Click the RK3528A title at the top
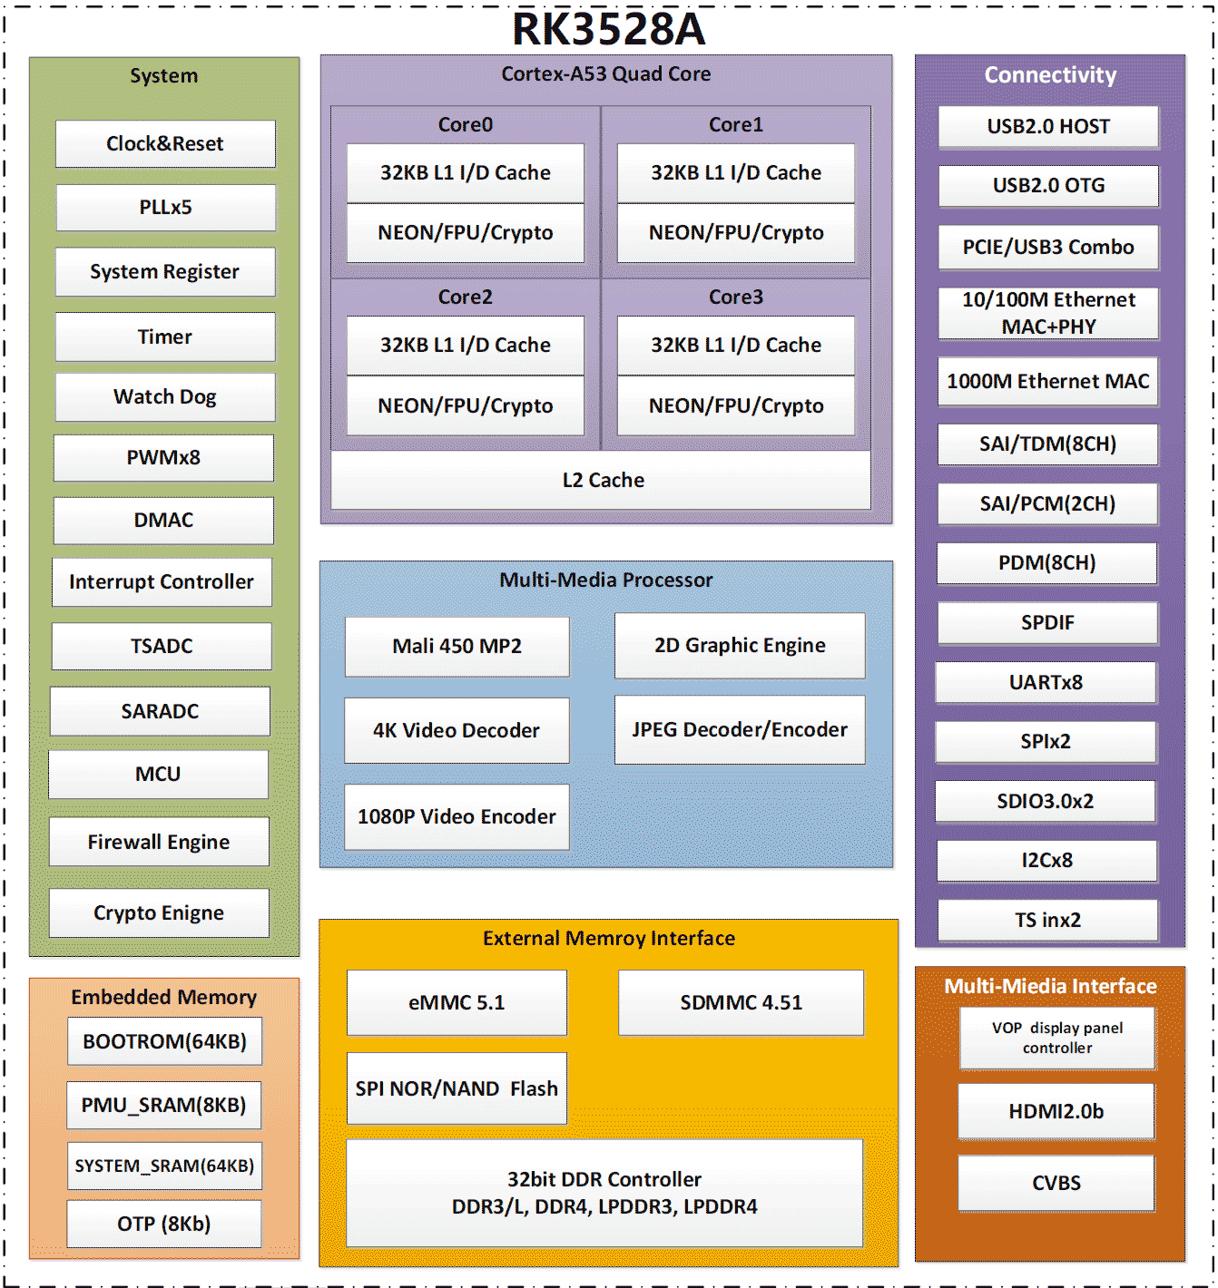(x=608, y=29)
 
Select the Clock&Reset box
(x=165, y=143)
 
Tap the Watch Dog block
(x=165, y=396)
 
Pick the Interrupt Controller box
(x=162, y=581)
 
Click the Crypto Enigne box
(x=159, y=912)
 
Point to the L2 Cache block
(x=603, y=480)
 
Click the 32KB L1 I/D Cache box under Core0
(x=465, y=172)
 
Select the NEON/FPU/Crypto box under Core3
(x=735, y=405)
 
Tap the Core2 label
(x=465, y=297)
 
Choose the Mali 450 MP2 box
(x=457, y=646)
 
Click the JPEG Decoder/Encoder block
(x=740, y=729)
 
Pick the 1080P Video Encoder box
(x=457, y=816)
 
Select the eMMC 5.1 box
(x=457, y=1002)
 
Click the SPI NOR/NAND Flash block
(x=457, y=1088)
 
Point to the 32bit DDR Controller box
(x=604, y=1193)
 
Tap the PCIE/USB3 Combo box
(x=1048, y=247)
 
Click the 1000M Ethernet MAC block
(x=1048, y=381)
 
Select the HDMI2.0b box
(x=1056, y=1111)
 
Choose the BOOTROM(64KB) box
(x=164, y=1041)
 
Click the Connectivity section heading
(x=1050, y=74)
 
